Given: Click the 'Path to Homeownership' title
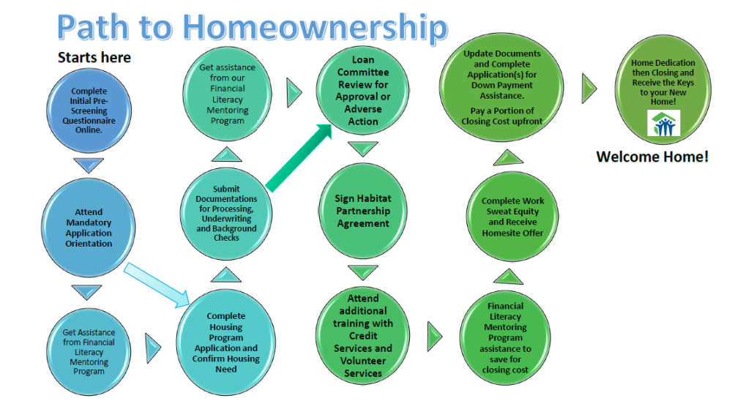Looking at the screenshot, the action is pos(253,27).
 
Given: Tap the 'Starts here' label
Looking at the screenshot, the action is pos(94,58).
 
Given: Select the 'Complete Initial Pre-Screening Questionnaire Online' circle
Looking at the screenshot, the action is pos(89,110).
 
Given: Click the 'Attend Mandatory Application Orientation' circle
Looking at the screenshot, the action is pos(89,228).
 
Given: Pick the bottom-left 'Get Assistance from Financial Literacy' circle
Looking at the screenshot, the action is pos(89,352).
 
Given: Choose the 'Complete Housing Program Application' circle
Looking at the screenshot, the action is pos(226,342).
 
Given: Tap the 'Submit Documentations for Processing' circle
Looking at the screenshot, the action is pos(226,214).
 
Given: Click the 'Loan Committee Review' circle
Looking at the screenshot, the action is pos(362,91).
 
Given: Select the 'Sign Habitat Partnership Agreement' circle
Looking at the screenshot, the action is pos(363,211).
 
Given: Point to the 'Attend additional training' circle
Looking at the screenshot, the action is pos(363,335).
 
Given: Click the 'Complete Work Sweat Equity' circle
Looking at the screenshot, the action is pos(512,217).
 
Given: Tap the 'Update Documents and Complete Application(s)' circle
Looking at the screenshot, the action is pos(501,87).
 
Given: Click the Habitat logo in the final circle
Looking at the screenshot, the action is pos(664,123).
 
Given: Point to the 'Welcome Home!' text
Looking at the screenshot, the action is pos(652,157).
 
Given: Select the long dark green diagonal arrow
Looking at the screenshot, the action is pos(299,157).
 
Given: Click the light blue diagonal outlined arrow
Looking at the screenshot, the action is pos(157,285).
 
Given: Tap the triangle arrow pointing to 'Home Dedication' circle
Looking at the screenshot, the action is pos(589,89).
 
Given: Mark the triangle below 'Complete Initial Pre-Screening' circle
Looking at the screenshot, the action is pos(89,165).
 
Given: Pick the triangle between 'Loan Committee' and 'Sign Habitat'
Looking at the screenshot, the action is pos(363,149).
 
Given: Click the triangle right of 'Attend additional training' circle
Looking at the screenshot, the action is pos(435,337).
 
